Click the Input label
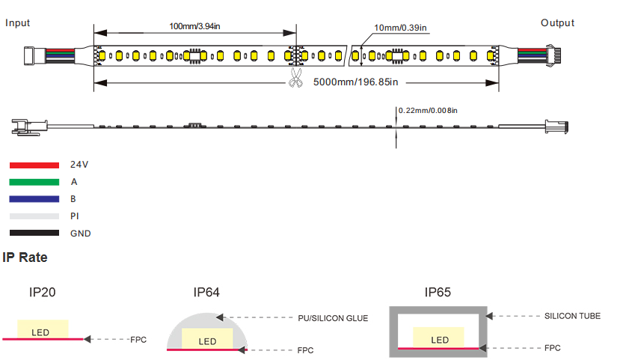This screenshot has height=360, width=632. point(18,22)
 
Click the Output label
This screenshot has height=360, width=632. point(557,22)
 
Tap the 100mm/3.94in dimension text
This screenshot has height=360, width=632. point(194,26)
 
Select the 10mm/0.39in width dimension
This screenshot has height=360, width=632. point(401,28)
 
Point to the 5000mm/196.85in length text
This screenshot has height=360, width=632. point(355,82)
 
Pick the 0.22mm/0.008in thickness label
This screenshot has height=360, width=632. point(427,111)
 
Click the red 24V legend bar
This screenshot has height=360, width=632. point(34,164)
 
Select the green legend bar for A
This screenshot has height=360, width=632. point(34,181)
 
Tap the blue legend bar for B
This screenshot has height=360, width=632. point(34,198)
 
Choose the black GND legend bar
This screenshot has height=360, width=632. point(34,233)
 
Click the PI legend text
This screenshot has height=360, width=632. point(74,216)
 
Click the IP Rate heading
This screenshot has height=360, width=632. point(25,257)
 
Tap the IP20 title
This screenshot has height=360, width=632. point(42,293)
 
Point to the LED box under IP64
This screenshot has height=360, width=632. point(208,340)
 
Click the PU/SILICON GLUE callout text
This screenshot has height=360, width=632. point(333,318)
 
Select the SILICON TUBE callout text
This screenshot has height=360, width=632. point(572,316)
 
